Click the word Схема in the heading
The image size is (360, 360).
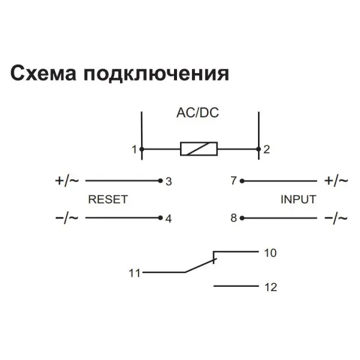43,73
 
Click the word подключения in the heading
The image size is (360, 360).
157,73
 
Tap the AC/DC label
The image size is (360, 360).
197,113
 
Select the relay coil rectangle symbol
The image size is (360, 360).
199,149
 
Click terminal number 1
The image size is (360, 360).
134,149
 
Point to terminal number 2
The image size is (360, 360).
266,149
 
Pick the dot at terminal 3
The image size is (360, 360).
160,181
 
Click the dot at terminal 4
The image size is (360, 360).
160,218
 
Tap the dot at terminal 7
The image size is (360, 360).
242,181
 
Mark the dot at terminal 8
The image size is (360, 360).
242,218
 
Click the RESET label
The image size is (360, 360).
108,199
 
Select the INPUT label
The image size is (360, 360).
298,199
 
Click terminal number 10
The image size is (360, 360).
270,253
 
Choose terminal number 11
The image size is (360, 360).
134,273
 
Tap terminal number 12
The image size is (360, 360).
271,287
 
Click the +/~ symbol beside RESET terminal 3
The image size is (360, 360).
67,181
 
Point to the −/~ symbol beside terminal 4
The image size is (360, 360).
67,218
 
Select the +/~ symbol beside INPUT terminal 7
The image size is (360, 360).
336,181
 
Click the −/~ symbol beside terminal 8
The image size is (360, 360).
336,218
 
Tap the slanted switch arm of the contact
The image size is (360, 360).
200,266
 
